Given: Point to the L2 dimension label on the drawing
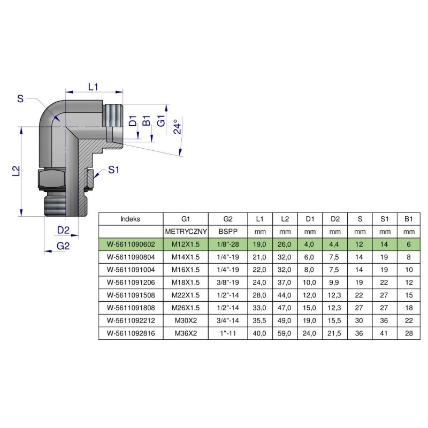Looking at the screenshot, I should pyautogui.click(x=16, y=171).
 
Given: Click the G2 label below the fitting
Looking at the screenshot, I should pyautogui.click(x=64, y=246).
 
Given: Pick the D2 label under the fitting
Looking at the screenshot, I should pyautogui.click(x=64, y=230).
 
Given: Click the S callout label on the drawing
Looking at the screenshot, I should pyautogui.click(x=20, y=98).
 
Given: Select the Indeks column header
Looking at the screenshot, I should pyautogui.click(x=131, y=219).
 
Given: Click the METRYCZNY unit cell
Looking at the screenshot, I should pyautogui.click(x=186, y=232).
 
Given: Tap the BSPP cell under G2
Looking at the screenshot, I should pyautogui.click(x=227, y=232).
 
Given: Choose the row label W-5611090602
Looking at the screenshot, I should pyautogui.click(x=131, y=244).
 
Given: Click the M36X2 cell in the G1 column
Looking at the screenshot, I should pyautogui.click(x=186, y=333).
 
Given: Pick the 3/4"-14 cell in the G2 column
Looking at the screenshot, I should pyautogui.click(x=227, y=320).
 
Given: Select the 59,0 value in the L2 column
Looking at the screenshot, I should pyautogui.click(x=285, y=333).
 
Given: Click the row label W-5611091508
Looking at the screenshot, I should pyautogui.click(x=131, y=295).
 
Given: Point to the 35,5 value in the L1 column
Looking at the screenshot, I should pyautogui.click(x=260, y=320).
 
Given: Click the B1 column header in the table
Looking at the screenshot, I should pyautogui.click(x=409, y=219).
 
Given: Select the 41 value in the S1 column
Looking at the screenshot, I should pyautogui.click(x=384, y=333).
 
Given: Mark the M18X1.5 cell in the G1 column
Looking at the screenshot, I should pyautogui.click(x=186, y=282).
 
